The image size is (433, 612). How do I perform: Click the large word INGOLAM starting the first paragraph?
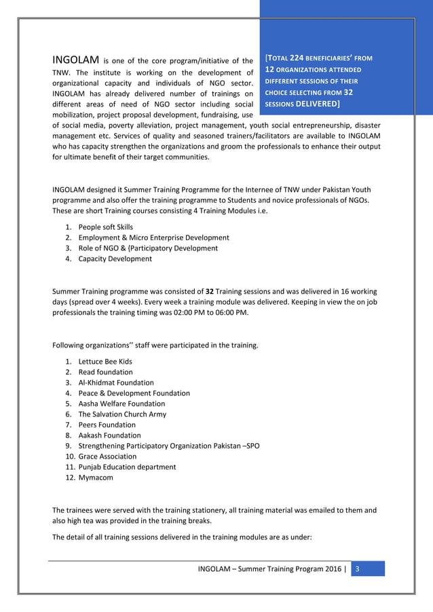pos(77,58)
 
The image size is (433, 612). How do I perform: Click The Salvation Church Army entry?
pos(122,414)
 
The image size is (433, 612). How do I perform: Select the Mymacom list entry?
pos(96,478)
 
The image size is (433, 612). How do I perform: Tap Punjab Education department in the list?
pos(127,467)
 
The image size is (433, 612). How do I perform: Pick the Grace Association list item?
pos(107,457)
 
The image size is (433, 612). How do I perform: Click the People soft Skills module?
pos(106,227)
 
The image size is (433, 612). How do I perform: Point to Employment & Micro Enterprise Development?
pos(153,237)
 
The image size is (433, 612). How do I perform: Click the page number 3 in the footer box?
pos(358,569)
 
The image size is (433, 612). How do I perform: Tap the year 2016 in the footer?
pos(333,569)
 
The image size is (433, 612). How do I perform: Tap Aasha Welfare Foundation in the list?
pos(121,404)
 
